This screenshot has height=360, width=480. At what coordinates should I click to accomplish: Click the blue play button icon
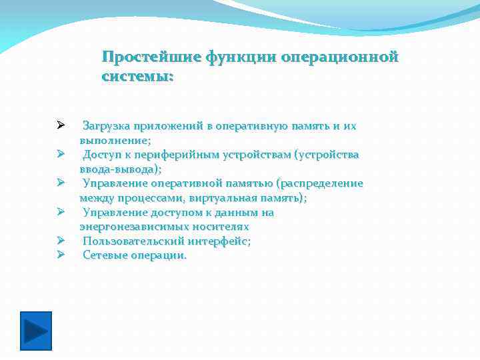pos(35,331)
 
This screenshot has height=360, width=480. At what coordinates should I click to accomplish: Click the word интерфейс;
pos(217,241)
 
